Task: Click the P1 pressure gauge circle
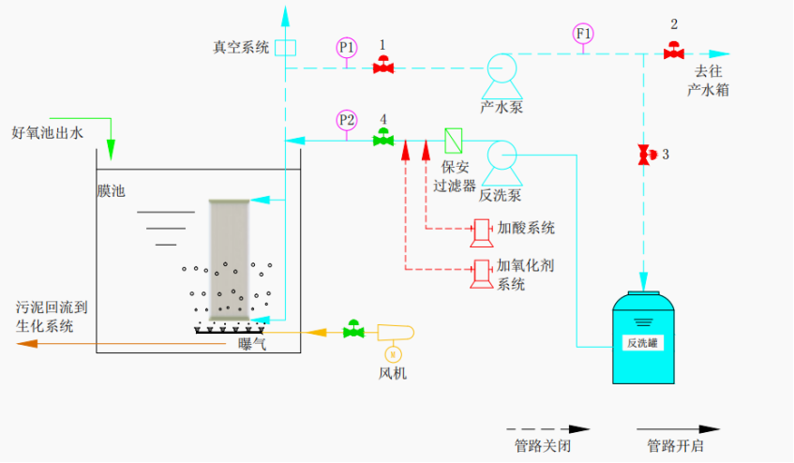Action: click(347, 46)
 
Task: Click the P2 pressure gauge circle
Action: click(347, 120)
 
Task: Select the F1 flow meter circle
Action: click(583, 34)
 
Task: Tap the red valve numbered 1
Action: click(382, 66)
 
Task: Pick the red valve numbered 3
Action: click(645, 154)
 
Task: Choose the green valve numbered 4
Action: click(382, 140)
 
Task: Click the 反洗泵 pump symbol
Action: click(501, 155)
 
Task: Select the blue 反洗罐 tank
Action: click(643, 339)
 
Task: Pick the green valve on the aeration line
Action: click(353, 330)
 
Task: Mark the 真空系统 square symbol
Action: click(285, 47)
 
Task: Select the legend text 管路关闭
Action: click(541, 446)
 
